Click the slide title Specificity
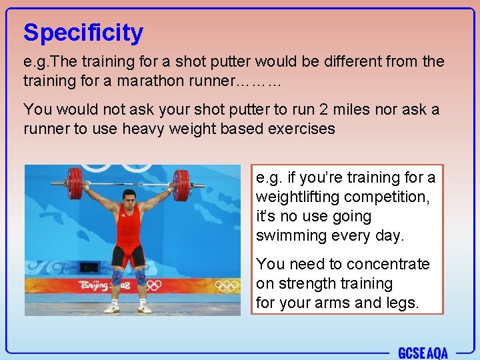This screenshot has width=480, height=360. pyautogui.click(x=83, y=33)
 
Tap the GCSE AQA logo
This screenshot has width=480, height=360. pyautogui.click(x=423, y=352)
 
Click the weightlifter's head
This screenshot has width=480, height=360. pyautogui.click(x=129, y=199)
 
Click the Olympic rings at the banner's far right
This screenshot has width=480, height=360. pyautogui.click(x=227, y=285)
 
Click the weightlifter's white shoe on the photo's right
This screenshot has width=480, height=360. pyautogui.click(x=145, y=307)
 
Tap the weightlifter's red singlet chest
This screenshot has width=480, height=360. pyautogui.click(x=128, y=224)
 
